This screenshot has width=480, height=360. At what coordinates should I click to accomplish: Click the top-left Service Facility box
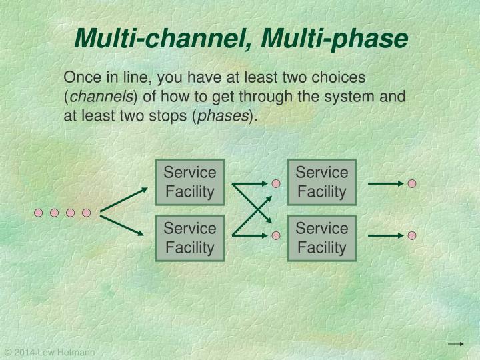tap(190, 182)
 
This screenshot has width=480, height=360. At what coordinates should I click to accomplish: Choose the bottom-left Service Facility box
tap(190, 238)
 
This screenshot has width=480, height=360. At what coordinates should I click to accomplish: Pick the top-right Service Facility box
tap(322, 182)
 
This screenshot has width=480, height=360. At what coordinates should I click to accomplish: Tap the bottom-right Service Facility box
tap(322, 238)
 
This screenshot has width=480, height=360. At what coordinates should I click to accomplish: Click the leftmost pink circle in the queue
tap(39, 213)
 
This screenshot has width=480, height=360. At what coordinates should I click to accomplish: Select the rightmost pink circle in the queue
tap(86, 213)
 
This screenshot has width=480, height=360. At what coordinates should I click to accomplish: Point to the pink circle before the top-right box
tap(276, 183)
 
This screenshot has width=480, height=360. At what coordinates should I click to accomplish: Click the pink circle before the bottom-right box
tap(276, 235)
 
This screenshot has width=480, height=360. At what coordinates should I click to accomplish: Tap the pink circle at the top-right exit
tap(412, 183)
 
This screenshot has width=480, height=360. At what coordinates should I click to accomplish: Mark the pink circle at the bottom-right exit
tap(412, 235)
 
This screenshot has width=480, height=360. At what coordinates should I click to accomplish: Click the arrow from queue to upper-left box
tap(124, 199)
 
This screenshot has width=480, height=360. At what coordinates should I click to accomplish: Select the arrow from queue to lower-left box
tap(124, 225)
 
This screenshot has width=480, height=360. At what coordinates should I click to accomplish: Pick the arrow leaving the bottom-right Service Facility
tap(385, 235)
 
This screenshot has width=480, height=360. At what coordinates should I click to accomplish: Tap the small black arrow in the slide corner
tap(455, 344)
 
